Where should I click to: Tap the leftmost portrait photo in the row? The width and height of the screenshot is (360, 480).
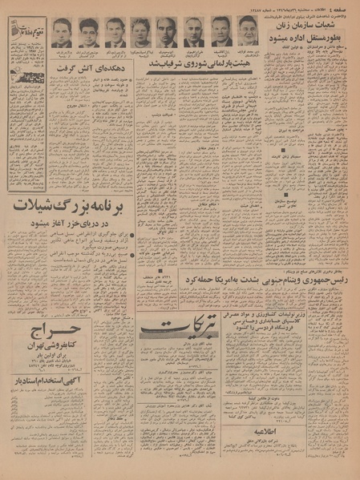tap(62, 32)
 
